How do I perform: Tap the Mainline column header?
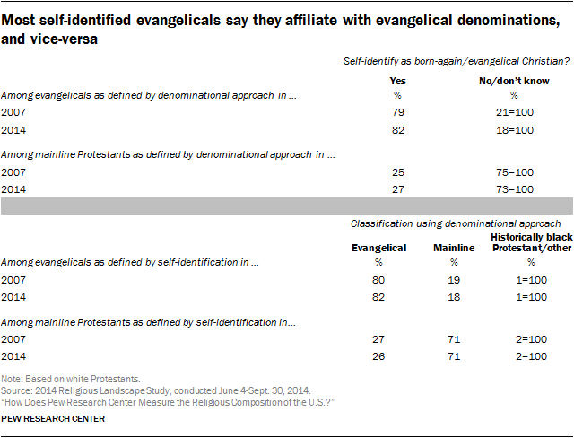[x=453, y=249]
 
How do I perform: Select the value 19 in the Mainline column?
[x=453, y=280]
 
